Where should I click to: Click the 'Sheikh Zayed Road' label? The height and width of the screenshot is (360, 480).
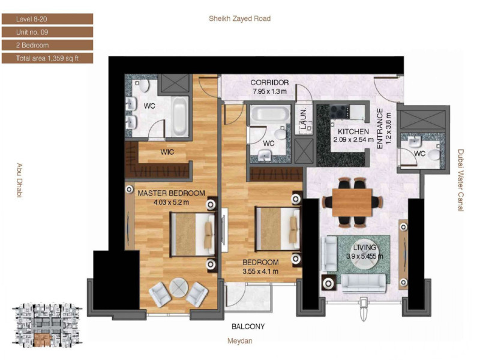click(x=239, y=19)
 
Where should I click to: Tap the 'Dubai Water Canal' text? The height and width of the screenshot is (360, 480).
click(x=461, y=181)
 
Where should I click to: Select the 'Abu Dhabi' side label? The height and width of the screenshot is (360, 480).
click(x=19, y=181)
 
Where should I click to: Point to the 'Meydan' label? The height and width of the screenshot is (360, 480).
click(x=239, y=341)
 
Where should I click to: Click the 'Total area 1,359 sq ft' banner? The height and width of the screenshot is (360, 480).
click(x=47, y=58)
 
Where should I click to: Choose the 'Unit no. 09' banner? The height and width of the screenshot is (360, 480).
click(x=47, y=32)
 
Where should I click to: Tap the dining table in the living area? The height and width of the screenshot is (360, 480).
click(x=352, y=202)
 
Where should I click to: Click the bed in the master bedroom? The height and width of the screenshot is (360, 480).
click(x=193, y=234)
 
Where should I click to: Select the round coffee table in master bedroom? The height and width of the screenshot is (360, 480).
click(x=178, y=287)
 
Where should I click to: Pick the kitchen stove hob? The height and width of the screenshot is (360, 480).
click(x=340, y=112)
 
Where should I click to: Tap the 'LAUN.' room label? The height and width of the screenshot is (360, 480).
click(x=304, y=118)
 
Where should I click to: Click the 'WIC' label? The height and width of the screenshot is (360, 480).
click(x=167, y=152)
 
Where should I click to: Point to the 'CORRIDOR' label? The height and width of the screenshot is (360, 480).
click(x=269, y=82)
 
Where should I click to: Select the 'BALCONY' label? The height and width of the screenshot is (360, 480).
click(x=248, y=326)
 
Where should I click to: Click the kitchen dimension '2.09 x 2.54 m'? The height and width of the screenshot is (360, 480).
click(x=353, y=140)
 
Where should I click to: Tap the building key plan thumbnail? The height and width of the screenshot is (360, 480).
click(x=47, y=325)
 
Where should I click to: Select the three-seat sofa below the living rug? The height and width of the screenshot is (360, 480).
click(x=364, y=283)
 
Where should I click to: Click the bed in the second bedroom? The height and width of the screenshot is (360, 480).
click(x=278, y=229)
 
